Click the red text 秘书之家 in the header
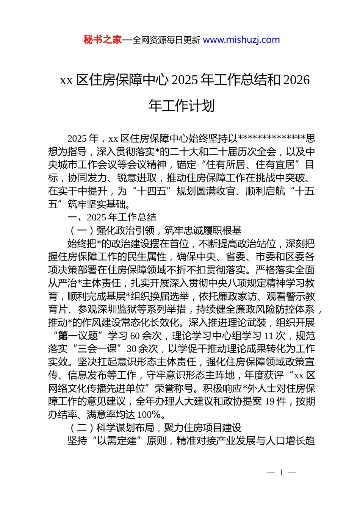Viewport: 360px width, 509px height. (x=103, y=40)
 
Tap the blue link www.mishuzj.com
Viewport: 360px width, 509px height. (x=241, y=40)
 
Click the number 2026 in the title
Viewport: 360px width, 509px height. (x=296, y=80)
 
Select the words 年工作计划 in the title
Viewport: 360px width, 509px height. (x=182, y=106)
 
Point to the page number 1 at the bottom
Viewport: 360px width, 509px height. (x=281, y=472)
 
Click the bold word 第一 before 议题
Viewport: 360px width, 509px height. (x=68, y=336)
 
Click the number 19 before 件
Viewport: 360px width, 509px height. (x=270, y=401)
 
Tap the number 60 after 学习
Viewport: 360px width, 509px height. (x=135, y=336)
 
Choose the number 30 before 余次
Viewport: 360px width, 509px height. (x=131, y=349)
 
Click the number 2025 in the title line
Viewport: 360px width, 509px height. (x=185, y=80)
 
